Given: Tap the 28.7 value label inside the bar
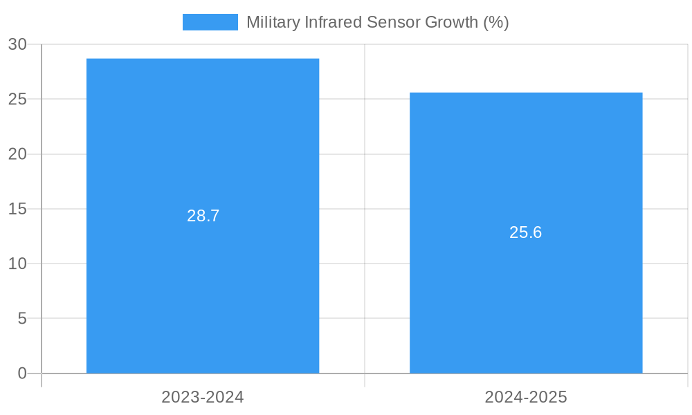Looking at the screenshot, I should (203, 216).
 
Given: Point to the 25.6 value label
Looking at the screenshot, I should (526, 232).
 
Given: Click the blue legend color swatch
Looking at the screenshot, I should (210, 22).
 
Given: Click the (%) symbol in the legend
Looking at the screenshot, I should (496, 22).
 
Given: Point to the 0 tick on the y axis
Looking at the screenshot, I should (21, 373).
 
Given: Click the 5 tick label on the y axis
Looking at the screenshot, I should (21, 319).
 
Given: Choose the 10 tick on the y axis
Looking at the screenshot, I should (17, 264).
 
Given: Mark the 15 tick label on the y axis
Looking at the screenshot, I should (17, 209).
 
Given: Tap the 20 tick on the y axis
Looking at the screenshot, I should (17, 154).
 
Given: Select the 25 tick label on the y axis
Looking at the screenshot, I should (17, 99).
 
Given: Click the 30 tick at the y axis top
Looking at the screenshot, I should (17, 44).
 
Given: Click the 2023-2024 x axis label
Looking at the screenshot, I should (203, 397).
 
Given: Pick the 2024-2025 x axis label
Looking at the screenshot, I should (526, 397).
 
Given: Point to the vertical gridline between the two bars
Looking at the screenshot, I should (365, 207).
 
